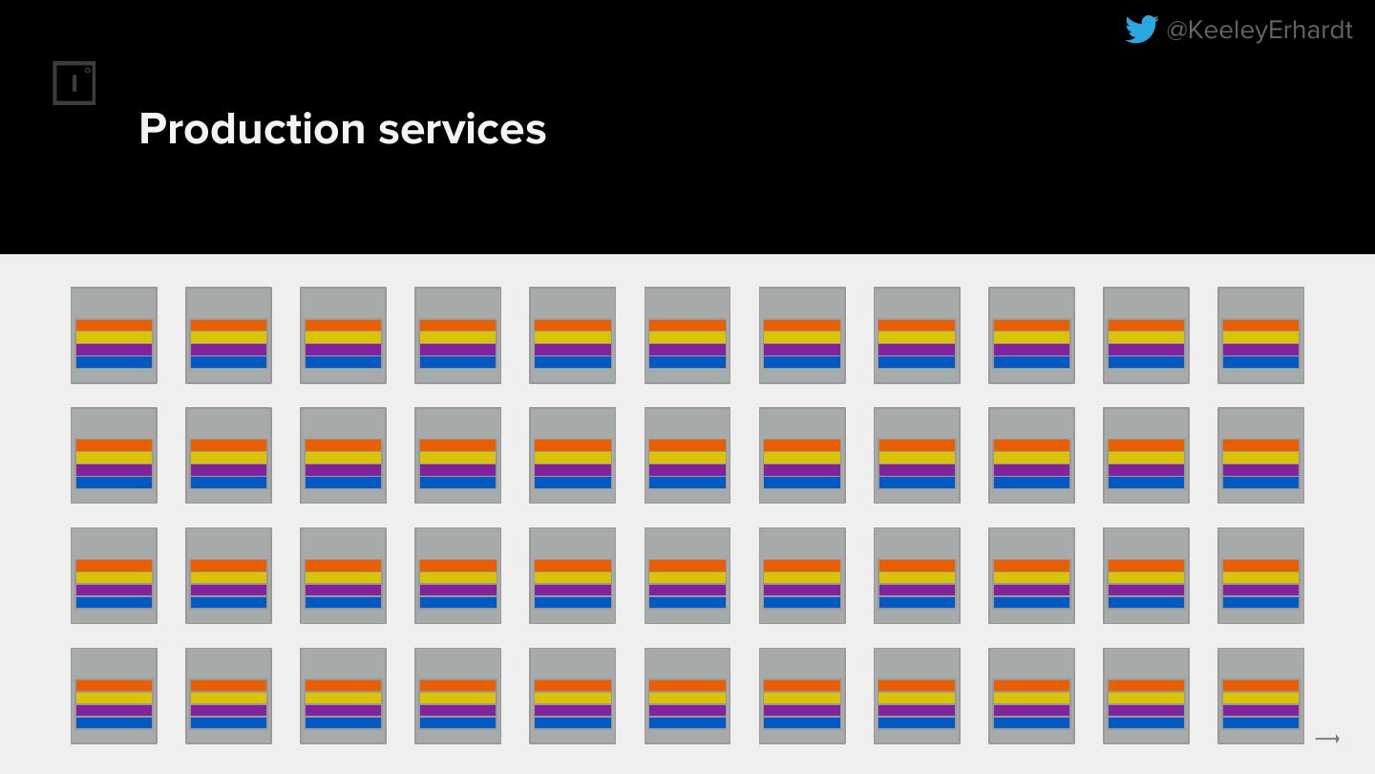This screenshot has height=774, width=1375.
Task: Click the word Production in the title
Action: click(x=252, y=129)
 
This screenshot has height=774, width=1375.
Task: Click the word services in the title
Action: click(x=462, y=129)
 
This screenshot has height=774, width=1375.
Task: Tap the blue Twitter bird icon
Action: click(x=1141, y=30)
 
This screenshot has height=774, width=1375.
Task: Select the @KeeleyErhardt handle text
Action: click(x=1259, y=31)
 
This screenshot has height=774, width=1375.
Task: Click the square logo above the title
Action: click(x=74, y=83)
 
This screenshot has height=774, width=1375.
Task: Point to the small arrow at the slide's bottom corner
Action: click(x=1327, y=739)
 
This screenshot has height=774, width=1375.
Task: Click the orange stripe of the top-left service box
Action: click(x=114, y=325)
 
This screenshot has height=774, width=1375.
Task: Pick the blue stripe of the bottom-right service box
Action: click(x=1260, y=723)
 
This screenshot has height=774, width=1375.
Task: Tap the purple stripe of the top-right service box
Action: click(x=1260, y=350)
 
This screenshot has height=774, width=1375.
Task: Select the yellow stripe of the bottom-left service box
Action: click(x=114, y=699)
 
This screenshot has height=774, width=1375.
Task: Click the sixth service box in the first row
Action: click(x=687, y=334)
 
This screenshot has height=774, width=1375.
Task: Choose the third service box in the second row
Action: click(x=343, y=455)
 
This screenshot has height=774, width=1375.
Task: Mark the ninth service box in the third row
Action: click(x=1031, y=575)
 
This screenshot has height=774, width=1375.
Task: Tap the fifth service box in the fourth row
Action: click(x=572, y=696)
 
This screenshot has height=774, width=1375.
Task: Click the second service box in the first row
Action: click(x=228, y=334)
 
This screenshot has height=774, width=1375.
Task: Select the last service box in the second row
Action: click(x=1260, y=455)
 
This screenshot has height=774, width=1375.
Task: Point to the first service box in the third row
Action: click(x=114, y=575)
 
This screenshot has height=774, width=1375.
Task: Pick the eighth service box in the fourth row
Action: click(x=917, y=696)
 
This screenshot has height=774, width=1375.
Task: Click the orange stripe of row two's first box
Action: click(x=114, y=445)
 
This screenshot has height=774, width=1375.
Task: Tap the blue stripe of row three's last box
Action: click(x=1260, y=603)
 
